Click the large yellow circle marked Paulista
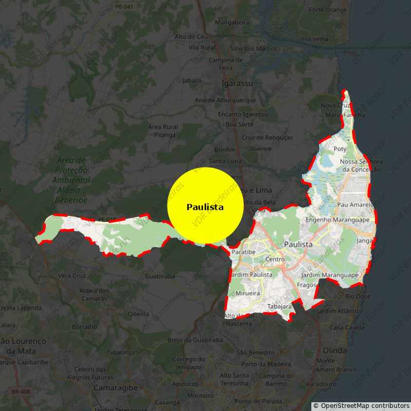(205, 206)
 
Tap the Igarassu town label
(237, 83)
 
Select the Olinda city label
(335, 350)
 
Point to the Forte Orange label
(328, 10)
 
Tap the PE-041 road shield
(124, 7)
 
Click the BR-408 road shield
(20, 392)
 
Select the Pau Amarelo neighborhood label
(354, 204)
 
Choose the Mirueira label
(248, 293)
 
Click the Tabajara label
(279, 307)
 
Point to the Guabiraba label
(160, 276)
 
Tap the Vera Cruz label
(72, 275)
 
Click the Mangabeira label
(232, 23)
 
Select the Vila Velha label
(314, 39)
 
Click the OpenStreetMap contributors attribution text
(361, 406)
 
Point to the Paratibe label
(244, 252)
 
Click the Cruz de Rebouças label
(267, 138)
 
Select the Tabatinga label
(121, 352)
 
